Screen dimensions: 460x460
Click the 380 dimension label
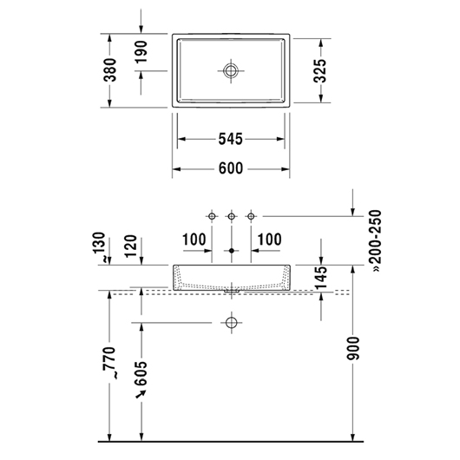coord(111,70)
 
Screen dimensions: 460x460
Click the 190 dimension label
coord(141,51)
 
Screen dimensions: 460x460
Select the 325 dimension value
coord(319,71)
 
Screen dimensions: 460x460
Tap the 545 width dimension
coord(231,139)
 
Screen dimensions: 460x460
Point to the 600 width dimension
coord(231,168)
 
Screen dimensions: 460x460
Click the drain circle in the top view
coord(231,70)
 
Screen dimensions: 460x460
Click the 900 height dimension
coord(352,348)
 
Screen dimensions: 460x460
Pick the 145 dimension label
coord(321,277)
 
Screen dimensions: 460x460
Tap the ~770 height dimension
coord(110,363)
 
